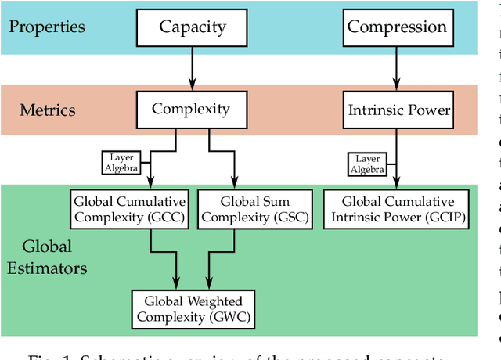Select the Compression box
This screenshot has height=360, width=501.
(397, 27)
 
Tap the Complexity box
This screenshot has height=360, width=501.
(190, 110)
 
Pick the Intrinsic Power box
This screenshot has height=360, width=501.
(398, 110)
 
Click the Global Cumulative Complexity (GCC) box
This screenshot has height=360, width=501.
(129, 209)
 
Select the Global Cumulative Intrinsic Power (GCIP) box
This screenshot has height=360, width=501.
(397, 209)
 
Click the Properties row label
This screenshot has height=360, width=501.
(48, 27)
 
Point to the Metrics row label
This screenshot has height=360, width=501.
(48, 110)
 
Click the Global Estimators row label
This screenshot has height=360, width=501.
(46, 257)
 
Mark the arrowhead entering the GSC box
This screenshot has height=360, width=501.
(232, 182)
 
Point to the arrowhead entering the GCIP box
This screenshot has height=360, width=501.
(397, 182)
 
